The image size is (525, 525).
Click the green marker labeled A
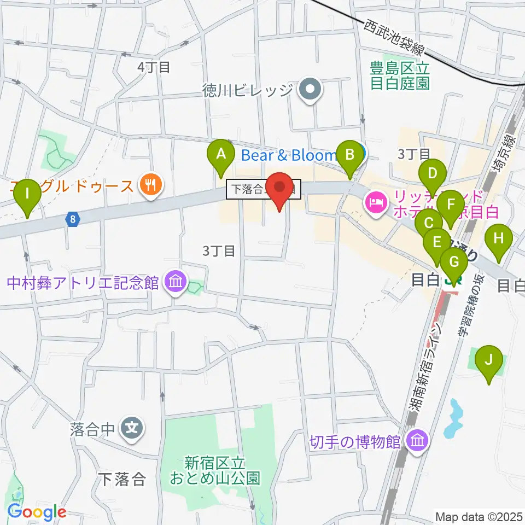[x=221, y=154]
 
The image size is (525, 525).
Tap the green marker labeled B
[x=349, y=154]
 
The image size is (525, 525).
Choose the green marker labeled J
[x=489, y=360]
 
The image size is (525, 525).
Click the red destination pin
[x=281, y=189]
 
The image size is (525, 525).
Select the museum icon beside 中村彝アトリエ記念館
[x=176, y=283]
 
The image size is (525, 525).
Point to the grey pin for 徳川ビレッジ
[x=311, y=90]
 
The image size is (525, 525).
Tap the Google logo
[x=37, y=512]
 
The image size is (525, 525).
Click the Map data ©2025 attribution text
[x=479, y=516]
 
